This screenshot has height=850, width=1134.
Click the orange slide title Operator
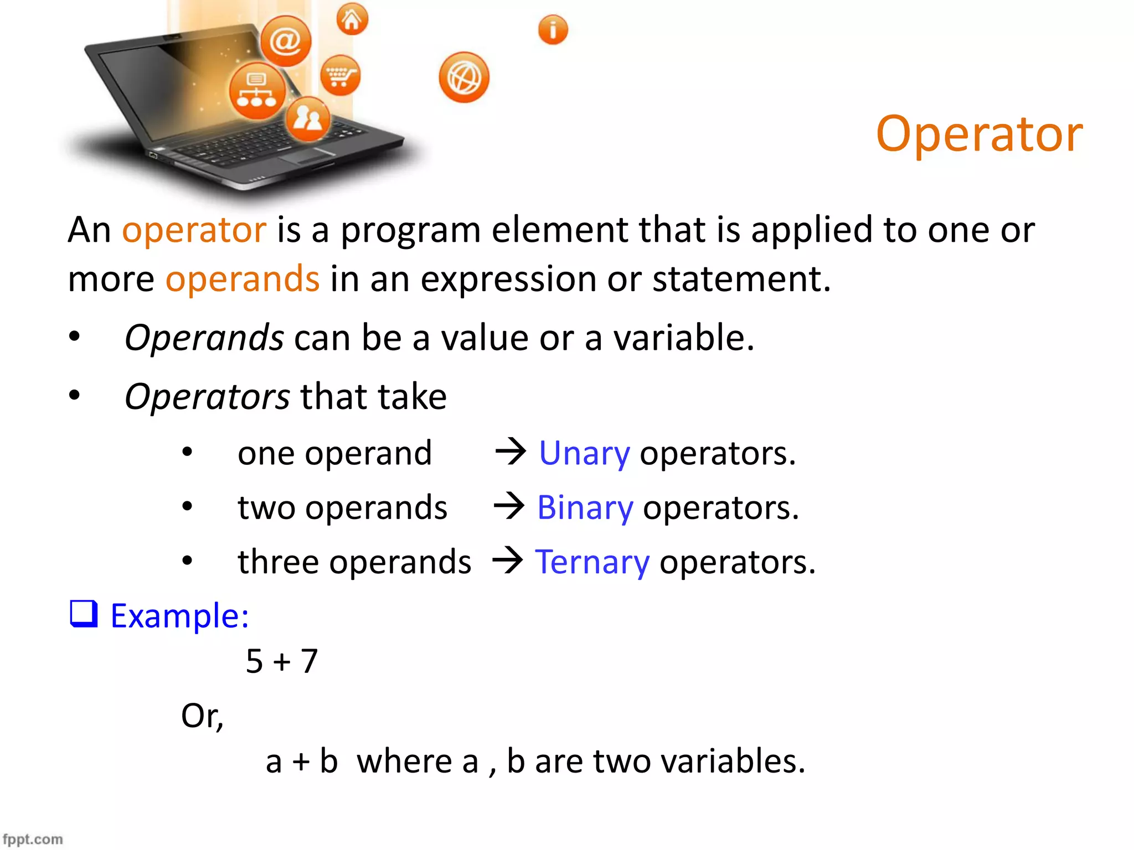[x=979, y=134]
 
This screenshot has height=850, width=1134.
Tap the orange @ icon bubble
[x=286, y=42]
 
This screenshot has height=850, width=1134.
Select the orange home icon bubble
[x=352, y=19]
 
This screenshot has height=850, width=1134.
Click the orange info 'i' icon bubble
[x=553, y=29]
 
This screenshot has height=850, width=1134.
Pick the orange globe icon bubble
[x=464, y=77]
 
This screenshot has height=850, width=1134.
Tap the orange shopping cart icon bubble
[x=340, y=75]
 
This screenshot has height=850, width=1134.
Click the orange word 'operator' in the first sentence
[x=194, y=230]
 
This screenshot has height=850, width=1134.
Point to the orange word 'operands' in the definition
[x=243, y=278]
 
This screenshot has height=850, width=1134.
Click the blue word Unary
[x=584, y=454]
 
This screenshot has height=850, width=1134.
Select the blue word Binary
[x=585, y=508]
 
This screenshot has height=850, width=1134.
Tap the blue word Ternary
[x=592, y=562]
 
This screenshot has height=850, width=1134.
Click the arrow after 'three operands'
[x=508, y=560]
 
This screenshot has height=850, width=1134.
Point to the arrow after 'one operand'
[x=511, y=451]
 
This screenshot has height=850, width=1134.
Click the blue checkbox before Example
[x=84, y=614]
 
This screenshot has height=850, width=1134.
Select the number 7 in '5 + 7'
[x=309, y=661]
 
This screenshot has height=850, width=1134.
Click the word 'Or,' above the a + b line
[x=202, y=716]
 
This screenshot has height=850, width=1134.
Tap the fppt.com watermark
[x=33, y=839]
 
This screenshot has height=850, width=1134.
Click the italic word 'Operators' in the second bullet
[x=207, y=397]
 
